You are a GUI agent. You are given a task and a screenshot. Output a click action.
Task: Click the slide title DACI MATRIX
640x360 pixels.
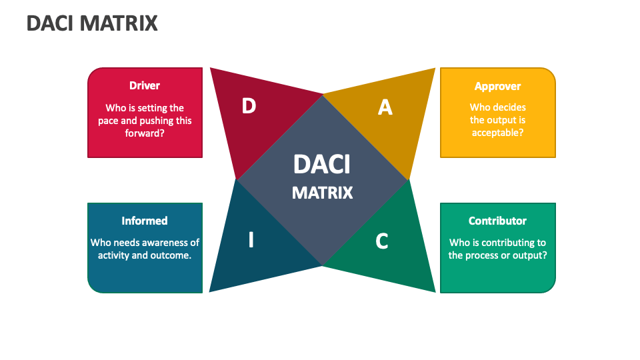pos(92,23)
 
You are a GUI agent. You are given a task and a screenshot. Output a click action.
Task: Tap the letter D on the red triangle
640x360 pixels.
pos(249,106)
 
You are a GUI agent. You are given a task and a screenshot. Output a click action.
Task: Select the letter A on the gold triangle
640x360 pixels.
pos(385,108)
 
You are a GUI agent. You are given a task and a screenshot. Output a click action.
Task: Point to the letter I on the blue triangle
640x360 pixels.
pos(251,239)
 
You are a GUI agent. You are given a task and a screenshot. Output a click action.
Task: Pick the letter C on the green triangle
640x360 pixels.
pos(381,241)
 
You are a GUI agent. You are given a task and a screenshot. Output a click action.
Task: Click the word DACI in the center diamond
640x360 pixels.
pos(322,165)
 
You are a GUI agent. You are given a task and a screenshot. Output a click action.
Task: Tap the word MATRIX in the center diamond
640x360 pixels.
pos(322,193)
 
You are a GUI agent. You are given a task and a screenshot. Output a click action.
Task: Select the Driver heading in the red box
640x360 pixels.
pos(145,85)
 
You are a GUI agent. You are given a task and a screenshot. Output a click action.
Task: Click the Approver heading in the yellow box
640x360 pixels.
pos(497,87)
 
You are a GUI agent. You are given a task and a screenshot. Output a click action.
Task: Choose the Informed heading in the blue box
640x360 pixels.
pos(145,221)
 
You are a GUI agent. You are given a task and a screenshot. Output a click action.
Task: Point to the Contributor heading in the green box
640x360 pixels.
pos(497,221)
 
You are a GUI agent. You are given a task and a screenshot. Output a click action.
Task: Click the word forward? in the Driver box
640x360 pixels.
pos(145,133)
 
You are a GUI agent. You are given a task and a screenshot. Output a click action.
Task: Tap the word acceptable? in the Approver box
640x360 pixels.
pos(497,133)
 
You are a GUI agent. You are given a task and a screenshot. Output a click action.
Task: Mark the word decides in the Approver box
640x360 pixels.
pos(509,107)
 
